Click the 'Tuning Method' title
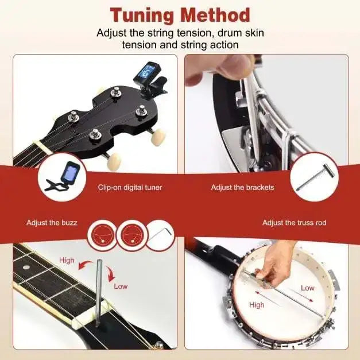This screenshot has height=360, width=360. pos(180,14)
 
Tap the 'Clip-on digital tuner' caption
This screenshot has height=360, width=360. pos(129,187)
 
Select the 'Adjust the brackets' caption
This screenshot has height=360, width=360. pos(242,187)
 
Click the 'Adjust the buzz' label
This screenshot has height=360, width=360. pos(52,222)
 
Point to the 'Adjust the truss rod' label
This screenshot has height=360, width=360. pos(294,222)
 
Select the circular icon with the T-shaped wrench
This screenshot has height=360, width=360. pos(312,180)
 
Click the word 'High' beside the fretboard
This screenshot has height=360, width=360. pos(67,260)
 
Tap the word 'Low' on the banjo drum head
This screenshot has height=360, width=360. pos(308,288)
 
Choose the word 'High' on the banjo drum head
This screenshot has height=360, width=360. pos(257,305)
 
